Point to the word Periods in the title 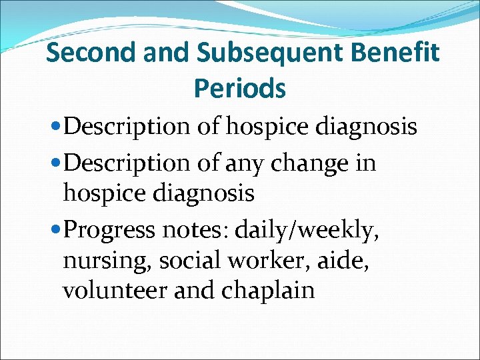pos(240,88)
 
